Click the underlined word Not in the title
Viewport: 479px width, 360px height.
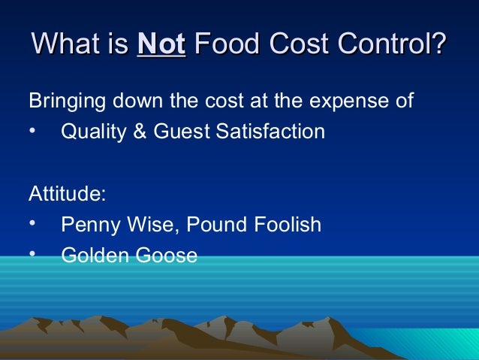[x=161, y=45]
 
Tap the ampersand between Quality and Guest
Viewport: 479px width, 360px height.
[x=130, y=132]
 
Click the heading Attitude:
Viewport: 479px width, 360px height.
[x=67, y=193]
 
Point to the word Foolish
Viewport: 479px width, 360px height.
[x=288, y=225]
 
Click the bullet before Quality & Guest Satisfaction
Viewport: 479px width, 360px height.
[x=32, y=132]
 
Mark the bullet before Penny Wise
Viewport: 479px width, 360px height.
[x=32, y=225]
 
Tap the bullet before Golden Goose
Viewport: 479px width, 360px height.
[x=32, y=256]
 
